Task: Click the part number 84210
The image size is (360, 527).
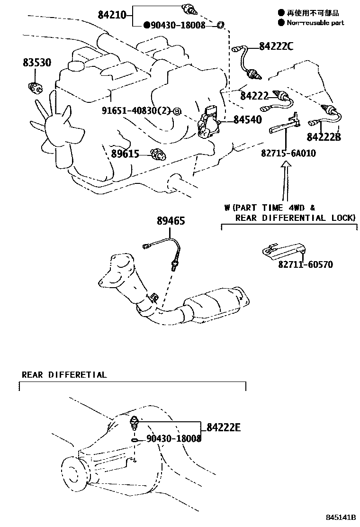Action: tap(112, 15)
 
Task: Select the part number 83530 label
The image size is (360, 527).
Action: tap(36, 63)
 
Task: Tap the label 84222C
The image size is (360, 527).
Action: tap(276, 46)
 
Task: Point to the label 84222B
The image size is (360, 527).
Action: tap(324, 137)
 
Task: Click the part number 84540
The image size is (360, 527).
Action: tap(247, 120)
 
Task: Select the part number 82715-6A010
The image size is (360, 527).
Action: tap(288, 154)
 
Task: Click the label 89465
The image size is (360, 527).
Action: tap(171, 221)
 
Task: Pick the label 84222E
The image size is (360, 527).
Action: tap(223, 428)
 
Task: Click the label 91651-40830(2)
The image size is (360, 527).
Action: tap(135, 110)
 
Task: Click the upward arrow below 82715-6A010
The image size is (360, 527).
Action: tap(285, 180)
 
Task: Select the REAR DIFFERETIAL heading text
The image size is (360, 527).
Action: tap(64, 375)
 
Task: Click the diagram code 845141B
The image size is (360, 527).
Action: tap(341, 518)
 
